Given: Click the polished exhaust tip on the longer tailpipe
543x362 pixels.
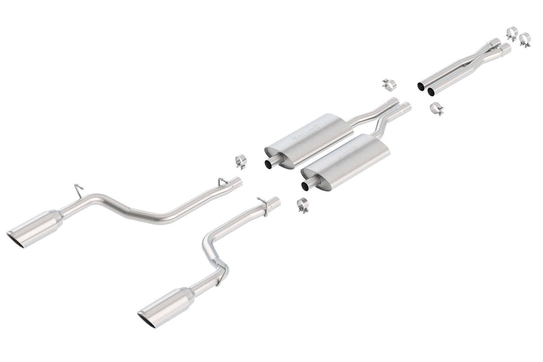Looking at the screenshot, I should [x=34, y=227].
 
